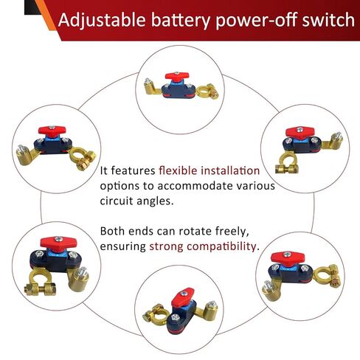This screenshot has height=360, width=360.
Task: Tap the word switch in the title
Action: coord(328,20)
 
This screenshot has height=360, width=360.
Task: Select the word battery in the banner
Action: coord(181,21)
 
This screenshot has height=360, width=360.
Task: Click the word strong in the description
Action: coord(167,246)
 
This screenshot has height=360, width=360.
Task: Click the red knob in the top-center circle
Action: coord(177,77)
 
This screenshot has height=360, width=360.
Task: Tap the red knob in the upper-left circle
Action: coord(52,131)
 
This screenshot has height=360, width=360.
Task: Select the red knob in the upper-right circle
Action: coord(299,133)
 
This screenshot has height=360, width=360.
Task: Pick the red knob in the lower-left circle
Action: coord(58,243)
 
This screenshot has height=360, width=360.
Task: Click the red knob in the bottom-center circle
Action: coord(183,297)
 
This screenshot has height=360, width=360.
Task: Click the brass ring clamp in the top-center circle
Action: coord(208,91)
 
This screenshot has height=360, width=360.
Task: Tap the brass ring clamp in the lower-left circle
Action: coord(41,282)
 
